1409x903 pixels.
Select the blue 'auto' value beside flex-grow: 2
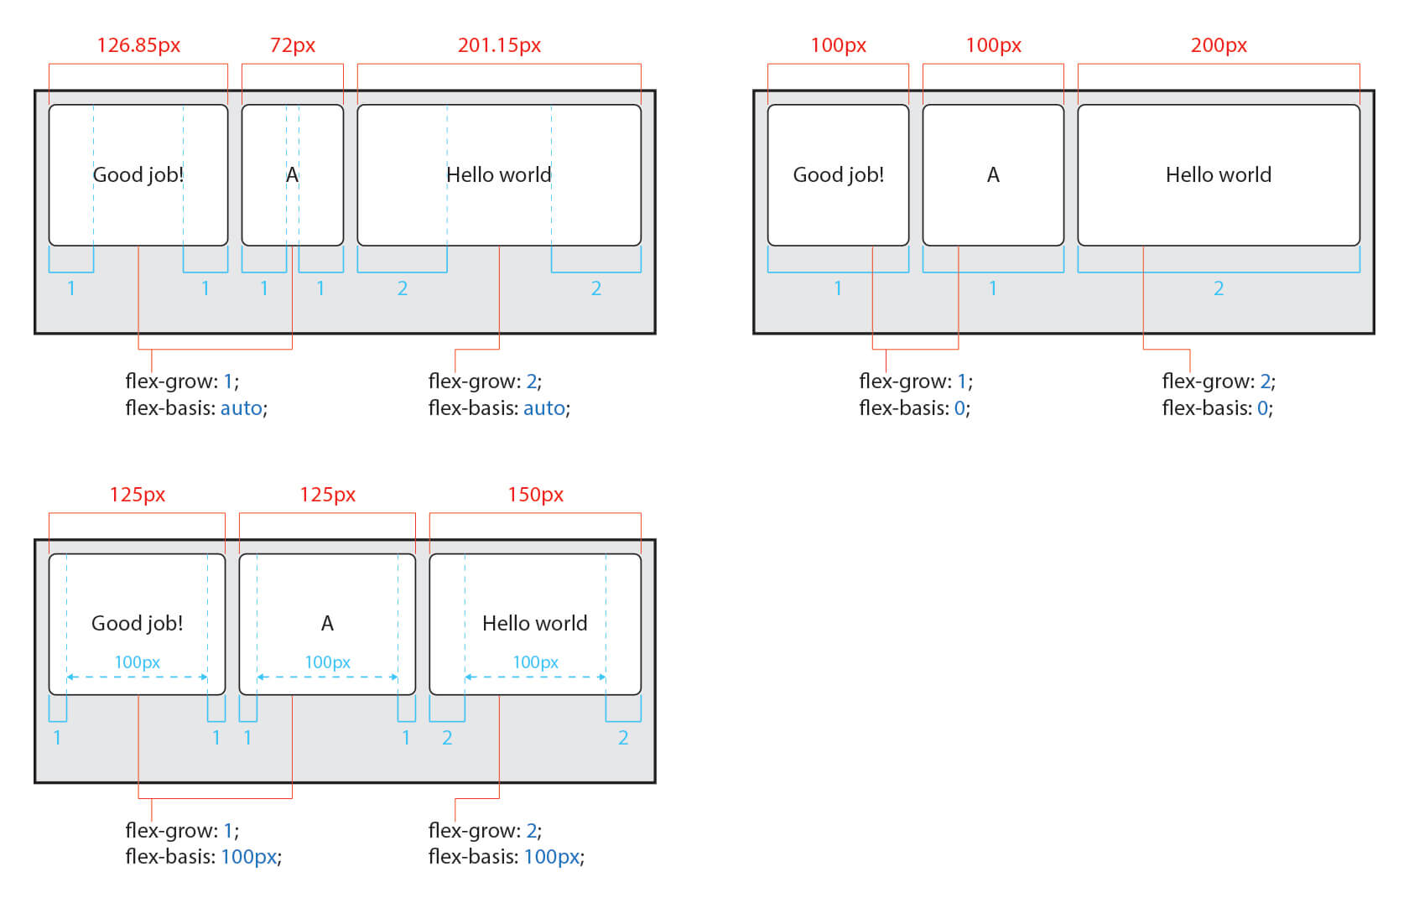click(544, 408)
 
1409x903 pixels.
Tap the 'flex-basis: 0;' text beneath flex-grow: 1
click(914, 408)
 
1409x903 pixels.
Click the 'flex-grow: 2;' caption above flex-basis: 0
click(1218, 381)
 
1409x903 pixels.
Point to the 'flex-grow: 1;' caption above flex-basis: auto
click(182, 381)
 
